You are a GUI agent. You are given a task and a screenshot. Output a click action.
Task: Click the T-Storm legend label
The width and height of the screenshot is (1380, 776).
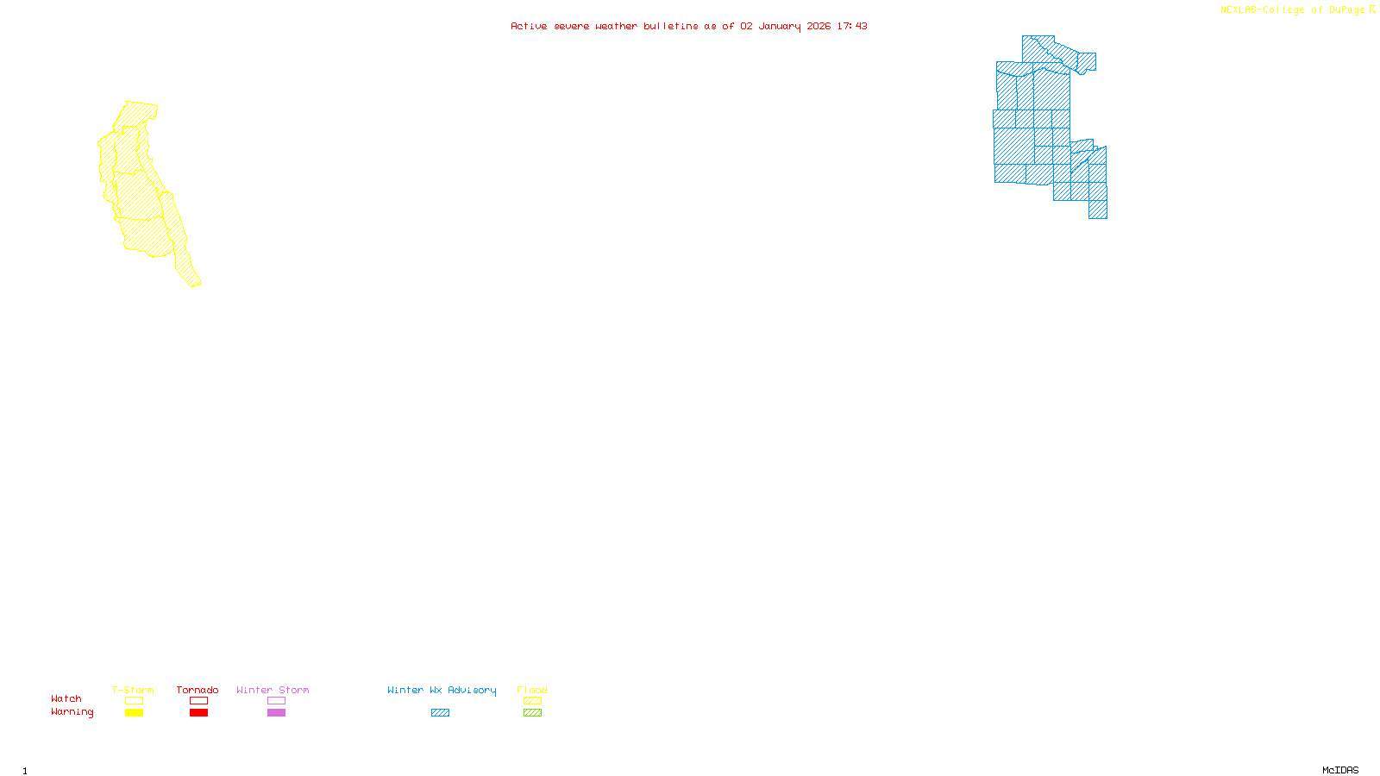click(133, 690)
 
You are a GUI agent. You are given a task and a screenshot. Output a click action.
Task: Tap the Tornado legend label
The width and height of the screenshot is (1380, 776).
click(198, 690)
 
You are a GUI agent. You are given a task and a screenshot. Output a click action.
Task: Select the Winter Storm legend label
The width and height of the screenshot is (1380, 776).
click(273, 690)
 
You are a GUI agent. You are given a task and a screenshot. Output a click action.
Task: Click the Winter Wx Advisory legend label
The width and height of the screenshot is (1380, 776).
click(442, 690)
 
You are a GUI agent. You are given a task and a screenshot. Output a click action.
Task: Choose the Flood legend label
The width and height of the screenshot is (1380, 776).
click(532, 690)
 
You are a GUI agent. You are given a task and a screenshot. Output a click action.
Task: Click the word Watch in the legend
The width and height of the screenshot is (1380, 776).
click(66, 698)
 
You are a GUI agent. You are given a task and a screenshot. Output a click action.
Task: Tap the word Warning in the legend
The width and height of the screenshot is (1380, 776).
click(72, 712)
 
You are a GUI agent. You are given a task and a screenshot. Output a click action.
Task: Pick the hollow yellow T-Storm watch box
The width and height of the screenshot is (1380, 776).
click(134, 701)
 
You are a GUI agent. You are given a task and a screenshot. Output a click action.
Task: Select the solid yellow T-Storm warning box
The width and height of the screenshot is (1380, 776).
click(134, 713)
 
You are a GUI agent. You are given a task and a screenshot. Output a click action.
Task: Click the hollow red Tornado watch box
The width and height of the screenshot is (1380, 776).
click(198, 701)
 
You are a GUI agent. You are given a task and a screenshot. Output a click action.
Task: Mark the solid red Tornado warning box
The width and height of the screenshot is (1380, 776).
click(198, 713)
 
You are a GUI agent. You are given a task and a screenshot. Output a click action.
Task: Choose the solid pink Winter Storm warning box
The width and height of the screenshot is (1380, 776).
click(276, 713)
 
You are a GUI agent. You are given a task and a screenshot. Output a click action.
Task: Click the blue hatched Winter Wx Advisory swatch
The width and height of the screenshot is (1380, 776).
click(440, 713)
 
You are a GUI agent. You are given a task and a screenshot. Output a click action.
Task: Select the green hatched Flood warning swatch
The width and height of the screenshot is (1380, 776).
click(532, 713)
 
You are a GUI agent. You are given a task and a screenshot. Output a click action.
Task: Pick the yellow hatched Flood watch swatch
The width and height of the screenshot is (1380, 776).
click(532, 701)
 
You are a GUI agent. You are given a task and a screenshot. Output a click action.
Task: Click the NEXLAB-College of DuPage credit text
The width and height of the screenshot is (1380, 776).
click(1293, 10)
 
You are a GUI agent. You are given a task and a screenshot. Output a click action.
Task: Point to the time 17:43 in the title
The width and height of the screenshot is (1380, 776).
click(852, 26)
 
